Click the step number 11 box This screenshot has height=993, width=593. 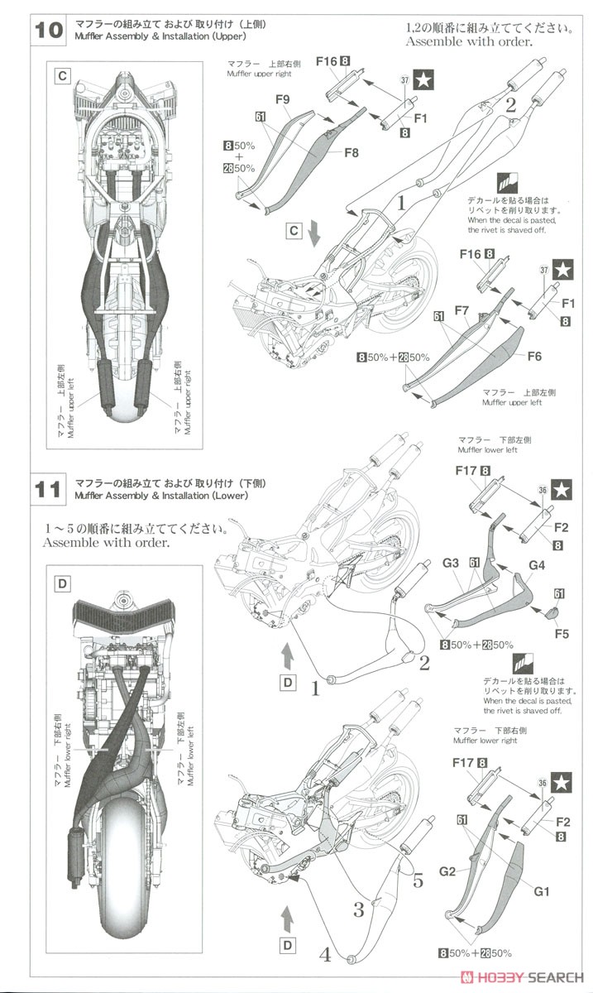point(49,488)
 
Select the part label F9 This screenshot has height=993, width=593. point(282,101)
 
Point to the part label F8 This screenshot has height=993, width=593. point(351,152)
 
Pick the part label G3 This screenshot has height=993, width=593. point(450,563)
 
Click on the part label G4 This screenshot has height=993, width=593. point(537,566)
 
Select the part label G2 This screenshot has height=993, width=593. point(447,871)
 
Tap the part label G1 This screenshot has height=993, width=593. point(542,891)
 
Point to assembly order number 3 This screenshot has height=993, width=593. point(359,910)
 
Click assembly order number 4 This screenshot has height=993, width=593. point(326,954)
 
